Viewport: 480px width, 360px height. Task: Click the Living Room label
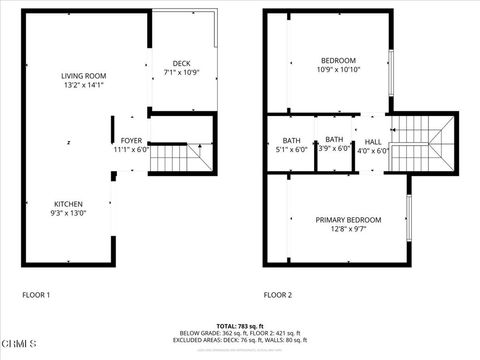pos(83,76)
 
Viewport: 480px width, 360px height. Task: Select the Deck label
pos(181,63)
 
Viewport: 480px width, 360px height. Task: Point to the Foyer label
pos(131,140)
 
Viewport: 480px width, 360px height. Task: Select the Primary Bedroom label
pos(348,220)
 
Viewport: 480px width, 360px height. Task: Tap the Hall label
pos(373,141)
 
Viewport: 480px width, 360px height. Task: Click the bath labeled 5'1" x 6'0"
pos(291,140)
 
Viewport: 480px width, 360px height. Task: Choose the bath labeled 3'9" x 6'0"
pos(334,140)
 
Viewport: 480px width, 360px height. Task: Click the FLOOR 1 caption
pos(36,296)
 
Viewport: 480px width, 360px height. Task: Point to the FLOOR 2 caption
pos(278,296)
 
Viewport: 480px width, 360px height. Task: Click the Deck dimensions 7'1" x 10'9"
pos(181,72)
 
